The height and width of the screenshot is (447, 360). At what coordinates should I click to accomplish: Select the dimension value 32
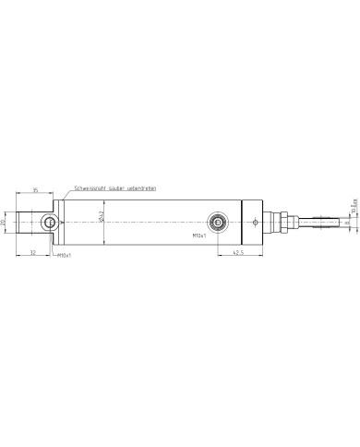(x=32, y=250)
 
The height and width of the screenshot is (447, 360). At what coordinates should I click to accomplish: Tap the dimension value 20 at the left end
(x=5, y=223)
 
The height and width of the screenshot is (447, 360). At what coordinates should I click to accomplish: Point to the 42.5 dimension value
(x=237, y=250)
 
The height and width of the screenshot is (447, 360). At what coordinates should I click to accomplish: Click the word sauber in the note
(x=116, y=187)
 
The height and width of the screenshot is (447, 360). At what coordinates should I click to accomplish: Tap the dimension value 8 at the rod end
(x=346, y=222)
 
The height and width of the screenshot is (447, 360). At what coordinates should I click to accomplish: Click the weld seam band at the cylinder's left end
(x=66, y=222)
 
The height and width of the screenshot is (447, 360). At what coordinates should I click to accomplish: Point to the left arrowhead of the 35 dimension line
(x=18, y=194)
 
